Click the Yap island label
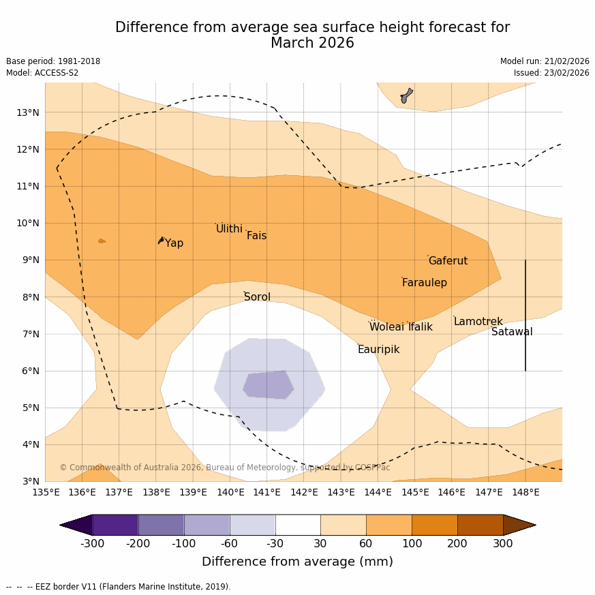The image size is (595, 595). point(174,243)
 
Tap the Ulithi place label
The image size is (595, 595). point(229,229)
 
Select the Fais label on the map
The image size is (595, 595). point(256,236)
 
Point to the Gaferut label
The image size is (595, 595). point(448,261)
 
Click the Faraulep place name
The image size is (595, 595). point(424,283)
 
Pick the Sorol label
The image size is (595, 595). point(257,297)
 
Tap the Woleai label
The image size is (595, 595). point(386,327)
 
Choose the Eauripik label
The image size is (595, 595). point(378,350)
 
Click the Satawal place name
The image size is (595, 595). point(512,332)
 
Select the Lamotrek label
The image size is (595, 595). point(478,322)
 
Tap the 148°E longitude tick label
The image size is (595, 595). point(525,492)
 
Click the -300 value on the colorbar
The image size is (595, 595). point(92,544)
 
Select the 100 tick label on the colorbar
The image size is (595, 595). point(412,544)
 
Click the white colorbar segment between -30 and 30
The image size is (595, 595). point(298,525)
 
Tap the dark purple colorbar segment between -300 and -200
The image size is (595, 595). point(115,525)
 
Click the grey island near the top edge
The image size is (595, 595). point(406,95)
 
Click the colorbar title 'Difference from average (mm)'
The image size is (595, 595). point(297,562)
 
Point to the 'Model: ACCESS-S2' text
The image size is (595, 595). point(42,73)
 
